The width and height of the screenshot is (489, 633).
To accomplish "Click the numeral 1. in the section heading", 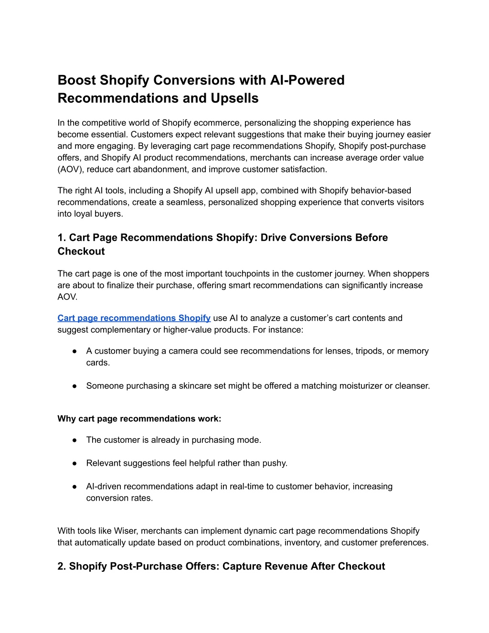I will tap(62, 237).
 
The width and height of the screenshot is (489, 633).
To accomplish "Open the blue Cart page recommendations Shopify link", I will tap(134, 318).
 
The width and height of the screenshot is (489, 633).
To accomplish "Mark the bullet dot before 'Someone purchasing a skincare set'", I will tap(75, 386).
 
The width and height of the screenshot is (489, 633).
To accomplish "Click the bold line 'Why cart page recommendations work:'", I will tap(139, 419).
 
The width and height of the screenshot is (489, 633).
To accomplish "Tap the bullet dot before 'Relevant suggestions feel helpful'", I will tap(75, 463).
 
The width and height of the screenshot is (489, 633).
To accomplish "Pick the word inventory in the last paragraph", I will tap(304, 543).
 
